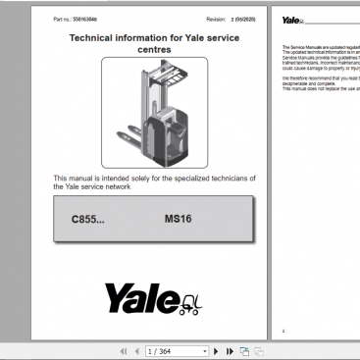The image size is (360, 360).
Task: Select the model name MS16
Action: click(x=179, y=221)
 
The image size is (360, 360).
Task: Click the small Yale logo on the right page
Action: click(x=293, y=19)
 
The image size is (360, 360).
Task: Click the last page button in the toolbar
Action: click(x=230, y=350)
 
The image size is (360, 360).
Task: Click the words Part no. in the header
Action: click(x=61, y=18)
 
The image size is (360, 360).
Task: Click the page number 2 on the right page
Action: click(x=283, y=331)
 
